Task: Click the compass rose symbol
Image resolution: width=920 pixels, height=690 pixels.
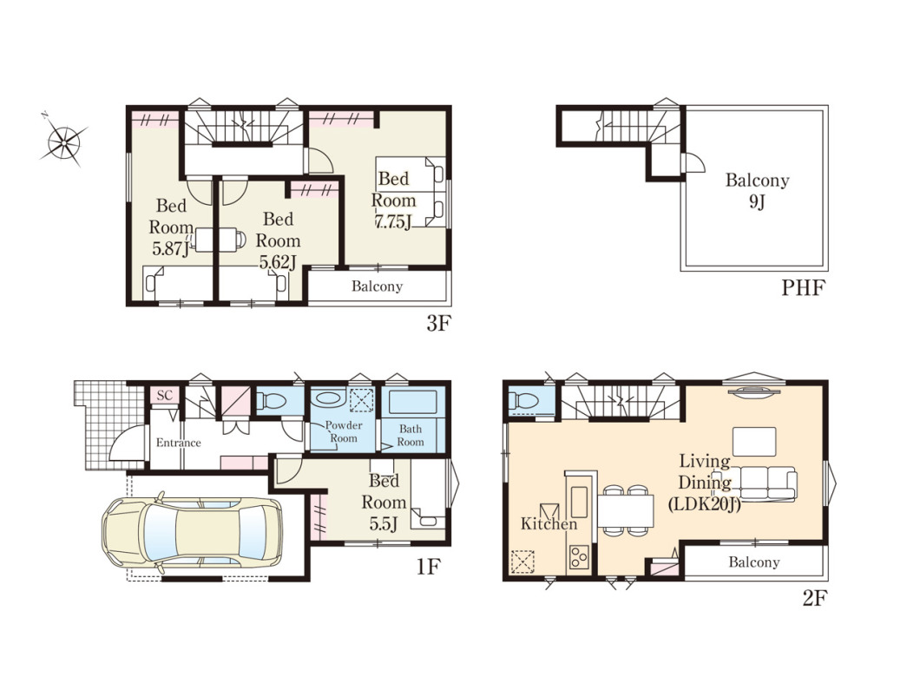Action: [x=63, y=141]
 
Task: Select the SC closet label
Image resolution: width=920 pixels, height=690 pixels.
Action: [x=165, y=396]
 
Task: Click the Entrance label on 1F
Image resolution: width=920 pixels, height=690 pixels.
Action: [x=179, y=443]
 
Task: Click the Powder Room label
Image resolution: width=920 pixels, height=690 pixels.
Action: [x=343, y=431]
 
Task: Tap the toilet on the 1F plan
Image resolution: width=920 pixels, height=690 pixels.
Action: [x=271, y=401]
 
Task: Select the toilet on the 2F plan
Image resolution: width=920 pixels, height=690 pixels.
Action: [x=523, y=401]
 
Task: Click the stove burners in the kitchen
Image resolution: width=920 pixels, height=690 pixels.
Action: [x=579, y=556]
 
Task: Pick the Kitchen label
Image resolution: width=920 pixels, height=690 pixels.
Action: [x=549, y=524]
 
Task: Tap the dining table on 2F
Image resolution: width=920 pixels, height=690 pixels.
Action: [x=626, y=510]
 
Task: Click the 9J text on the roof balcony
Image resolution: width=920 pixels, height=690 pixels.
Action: [x=757, y=202]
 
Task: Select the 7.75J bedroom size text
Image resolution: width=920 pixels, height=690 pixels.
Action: [x=393, y=222]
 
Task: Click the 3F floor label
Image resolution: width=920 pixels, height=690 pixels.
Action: [x=437, y=323]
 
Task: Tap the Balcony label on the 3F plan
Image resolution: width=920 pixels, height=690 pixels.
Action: [x=378, y=286]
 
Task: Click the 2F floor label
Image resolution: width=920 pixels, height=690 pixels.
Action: [x=814, y=599]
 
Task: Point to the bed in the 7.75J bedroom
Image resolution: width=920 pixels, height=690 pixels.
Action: [x=411, y=191]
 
